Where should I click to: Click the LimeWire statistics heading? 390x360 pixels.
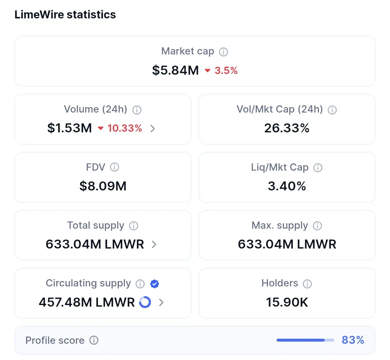65,14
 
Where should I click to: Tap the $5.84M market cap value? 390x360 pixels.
175,70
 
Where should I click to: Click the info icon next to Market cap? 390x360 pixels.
224,52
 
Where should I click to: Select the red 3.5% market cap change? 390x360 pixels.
226,70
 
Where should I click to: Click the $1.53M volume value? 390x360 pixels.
69,128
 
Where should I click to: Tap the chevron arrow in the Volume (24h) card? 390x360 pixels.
152,128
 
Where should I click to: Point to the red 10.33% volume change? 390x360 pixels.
125,128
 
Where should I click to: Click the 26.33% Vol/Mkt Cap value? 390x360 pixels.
287,128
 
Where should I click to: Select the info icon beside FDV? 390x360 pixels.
114,167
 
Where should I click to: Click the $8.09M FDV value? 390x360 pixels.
103,186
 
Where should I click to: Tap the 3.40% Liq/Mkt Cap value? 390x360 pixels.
287,186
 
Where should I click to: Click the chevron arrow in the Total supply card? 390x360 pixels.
154,244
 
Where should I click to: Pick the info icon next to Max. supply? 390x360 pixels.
317,225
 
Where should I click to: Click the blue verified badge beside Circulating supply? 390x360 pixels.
155,284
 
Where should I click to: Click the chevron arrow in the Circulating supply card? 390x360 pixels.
161,302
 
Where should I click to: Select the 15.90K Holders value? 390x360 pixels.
287,302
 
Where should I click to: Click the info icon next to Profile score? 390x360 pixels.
94,340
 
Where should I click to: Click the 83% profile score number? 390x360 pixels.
353,340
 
